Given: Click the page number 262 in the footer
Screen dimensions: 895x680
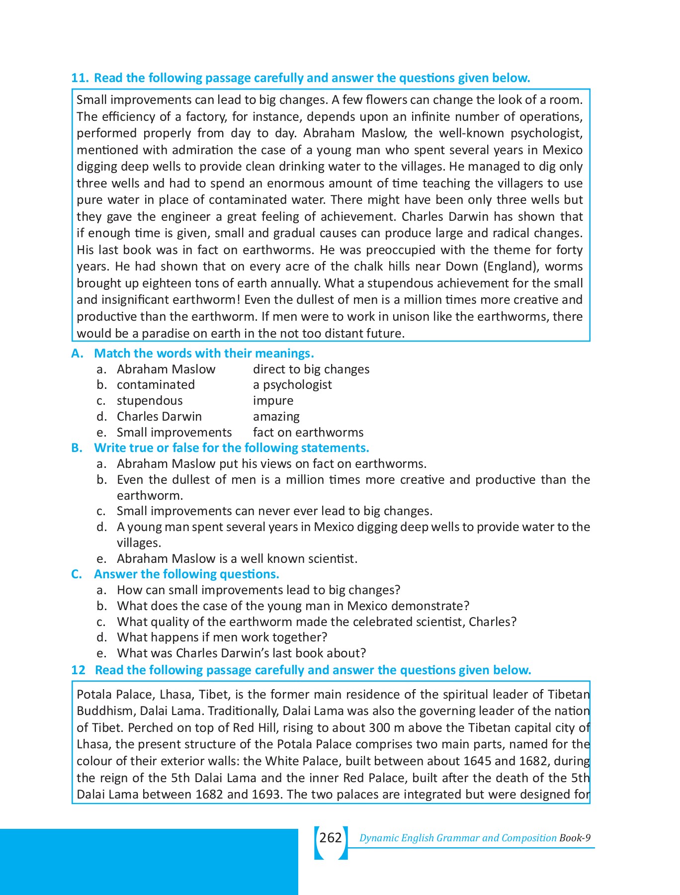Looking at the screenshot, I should tap(331, 838).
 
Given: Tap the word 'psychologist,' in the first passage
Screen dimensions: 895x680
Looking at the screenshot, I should tap(546, 133).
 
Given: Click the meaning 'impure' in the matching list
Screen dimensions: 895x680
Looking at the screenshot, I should tap(273, 401).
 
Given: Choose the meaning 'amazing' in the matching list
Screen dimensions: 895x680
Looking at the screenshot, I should tap(276, 417).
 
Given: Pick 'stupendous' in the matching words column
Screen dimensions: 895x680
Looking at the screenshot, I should tap(150, 401).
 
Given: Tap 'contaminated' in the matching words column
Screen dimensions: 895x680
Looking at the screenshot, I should tap(156, 385).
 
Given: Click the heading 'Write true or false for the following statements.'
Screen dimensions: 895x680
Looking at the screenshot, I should tap(231, 448).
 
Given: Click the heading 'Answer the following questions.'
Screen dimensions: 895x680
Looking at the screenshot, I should tap(186, 574).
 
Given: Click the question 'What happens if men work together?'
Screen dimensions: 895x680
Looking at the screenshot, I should tap(222, 637).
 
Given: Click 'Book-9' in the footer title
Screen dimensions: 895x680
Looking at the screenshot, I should tap(575, 838).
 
